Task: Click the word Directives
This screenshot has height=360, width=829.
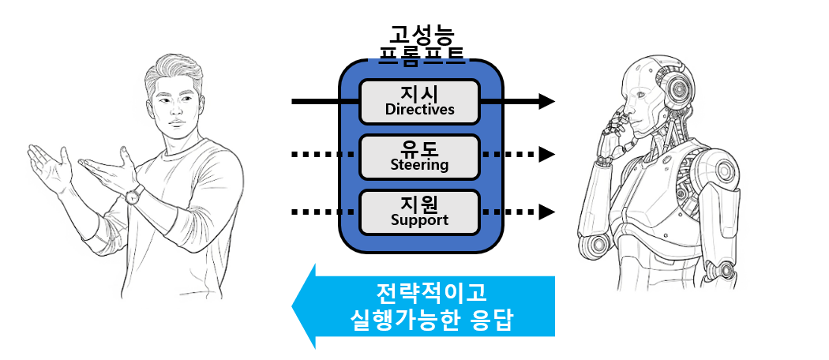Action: (x=419, y=110)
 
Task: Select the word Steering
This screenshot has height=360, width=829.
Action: (x=419, y=165)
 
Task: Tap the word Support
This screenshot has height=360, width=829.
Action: (x=419, y=220)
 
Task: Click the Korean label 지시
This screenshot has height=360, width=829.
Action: (x=419, y=92)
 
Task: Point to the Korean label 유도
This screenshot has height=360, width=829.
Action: (x=419, y=148)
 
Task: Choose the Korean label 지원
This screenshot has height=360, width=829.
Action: (x=419, y=203)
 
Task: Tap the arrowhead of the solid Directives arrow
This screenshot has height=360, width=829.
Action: (x=546, y=101)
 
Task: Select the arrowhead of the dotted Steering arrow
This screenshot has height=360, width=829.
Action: (x=546, y=156)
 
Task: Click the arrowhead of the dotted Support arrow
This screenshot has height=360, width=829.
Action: (x=546, y=212)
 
